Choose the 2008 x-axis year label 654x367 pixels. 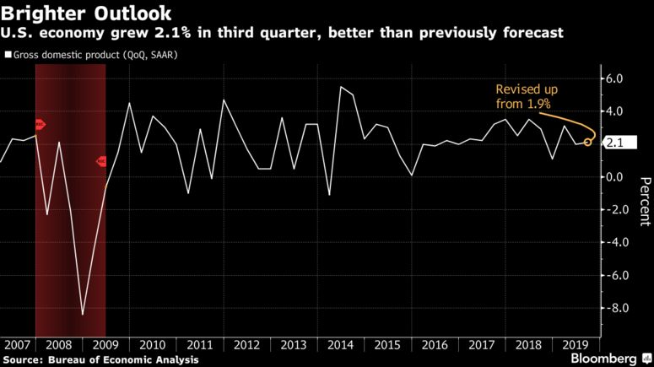[x=58, y=345]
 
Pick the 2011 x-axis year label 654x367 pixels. [x=200, y=345]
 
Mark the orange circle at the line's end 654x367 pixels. [x=587, y=143]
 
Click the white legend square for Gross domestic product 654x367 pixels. [x=8, y=56]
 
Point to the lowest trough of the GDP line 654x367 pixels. [x=83, y=315]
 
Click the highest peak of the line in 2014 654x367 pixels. [x=341, y=87]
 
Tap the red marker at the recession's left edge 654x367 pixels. [x=39, y=124]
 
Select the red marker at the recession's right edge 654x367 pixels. [x=101, y=161]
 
